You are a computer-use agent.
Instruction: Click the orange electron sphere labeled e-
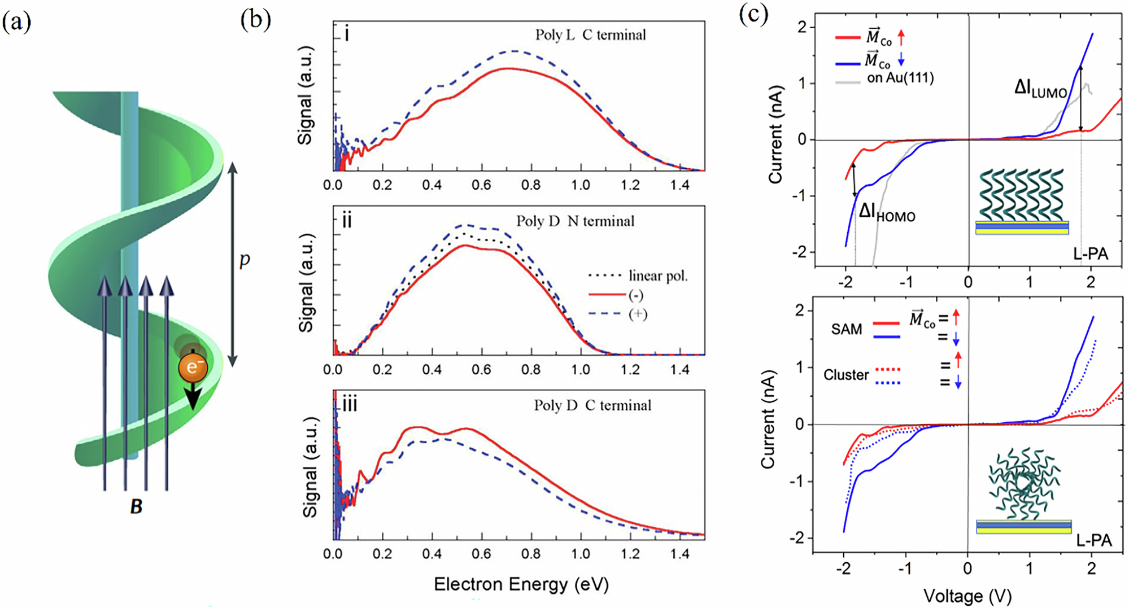click(193, 368)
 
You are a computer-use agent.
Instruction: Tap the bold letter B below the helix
click(136, 506)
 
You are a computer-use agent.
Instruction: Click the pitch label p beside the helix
click(245, 259)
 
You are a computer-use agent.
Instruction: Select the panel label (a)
click(16, 22)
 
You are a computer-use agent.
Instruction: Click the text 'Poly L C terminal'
click(590, 35)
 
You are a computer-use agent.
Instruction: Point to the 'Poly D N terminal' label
click(575, 221)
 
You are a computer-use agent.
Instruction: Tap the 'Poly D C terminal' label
click(592, 405)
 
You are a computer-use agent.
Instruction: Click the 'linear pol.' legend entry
click(658, 276)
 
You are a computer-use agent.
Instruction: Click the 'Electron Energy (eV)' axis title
click(521, 584)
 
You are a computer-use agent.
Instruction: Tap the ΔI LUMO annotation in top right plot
click(1040, 89)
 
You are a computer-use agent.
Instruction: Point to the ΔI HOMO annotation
click(887, 213)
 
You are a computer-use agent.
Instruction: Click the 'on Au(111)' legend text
click(900, 78)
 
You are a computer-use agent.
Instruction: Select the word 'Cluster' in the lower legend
click(845, 375)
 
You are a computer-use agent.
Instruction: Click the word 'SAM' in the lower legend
click(846, 329)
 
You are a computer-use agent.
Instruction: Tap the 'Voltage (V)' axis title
click(967, 596)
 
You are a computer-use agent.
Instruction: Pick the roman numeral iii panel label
click(350, 405)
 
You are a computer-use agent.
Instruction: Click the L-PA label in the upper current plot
click(1090, 254)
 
